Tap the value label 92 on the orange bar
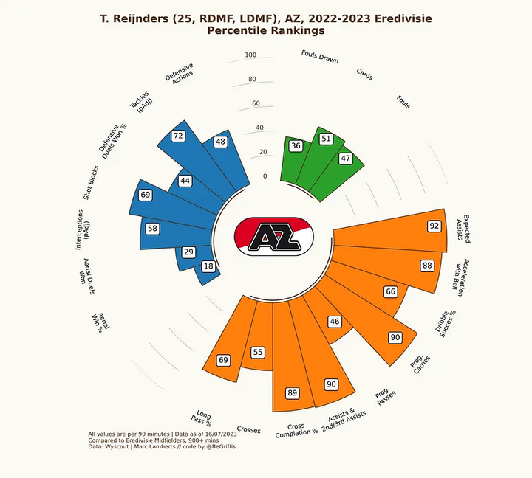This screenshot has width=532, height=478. (x=434, y=226)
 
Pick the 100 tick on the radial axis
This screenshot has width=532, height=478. (x=250, y=55)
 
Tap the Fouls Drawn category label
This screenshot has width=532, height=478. (x=320, y=57)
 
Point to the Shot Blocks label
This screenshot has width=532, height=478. (x=92, y=183)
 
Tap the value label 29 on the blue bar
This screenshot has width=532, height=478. (x=188, y=252)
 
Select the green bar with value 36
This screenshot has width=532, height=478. (x=293, y=162)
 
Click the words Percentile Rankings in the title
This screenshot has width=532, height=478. (x=266, y=31)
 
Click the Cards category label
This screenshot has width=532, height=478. (x=364, y=74)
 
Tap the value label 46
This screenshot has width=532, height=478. (x=335, y=322)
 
